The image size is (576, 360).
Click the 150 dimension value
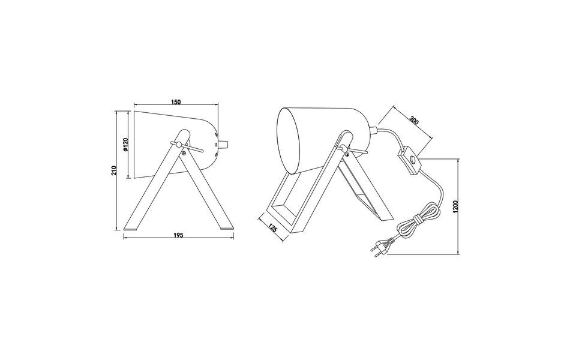[176, 103]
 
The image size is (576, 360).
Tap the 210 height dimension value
[113, 170]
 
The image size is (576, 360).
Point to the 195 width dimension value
[178, 235]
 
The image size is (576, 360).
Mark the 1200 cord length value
[455, 208]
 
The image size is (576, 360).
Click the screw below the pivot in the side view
[185, 152]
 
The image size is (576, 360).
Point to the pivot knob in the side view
[174, 143]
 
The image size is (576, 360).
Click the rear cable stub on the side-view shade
[226, 144]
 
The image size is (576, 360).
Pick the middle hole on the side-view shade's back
[217, 144]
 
